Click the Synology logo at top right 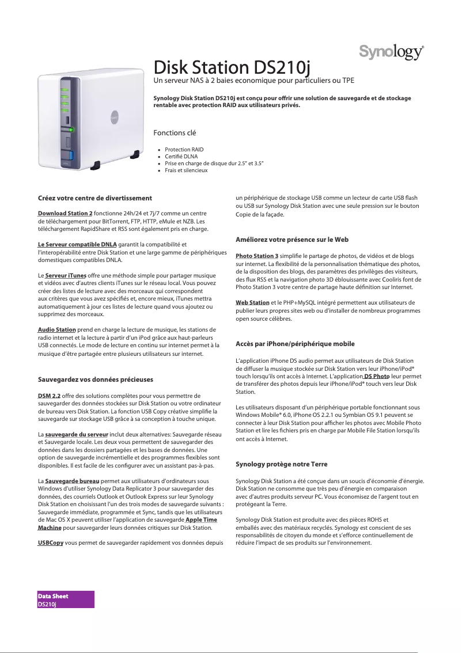pos(392,52)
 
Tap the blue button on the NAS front pos(71,155)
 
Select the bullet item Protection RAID pos(184,150)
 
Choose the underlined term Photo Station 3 pos(257,256)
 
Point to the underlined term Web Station pos(252,302)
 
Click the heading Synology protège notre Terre pos(282,464)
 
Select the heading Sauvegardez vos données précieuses pos(96,380)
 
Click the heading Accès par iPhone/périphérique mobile pos(295,344)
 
